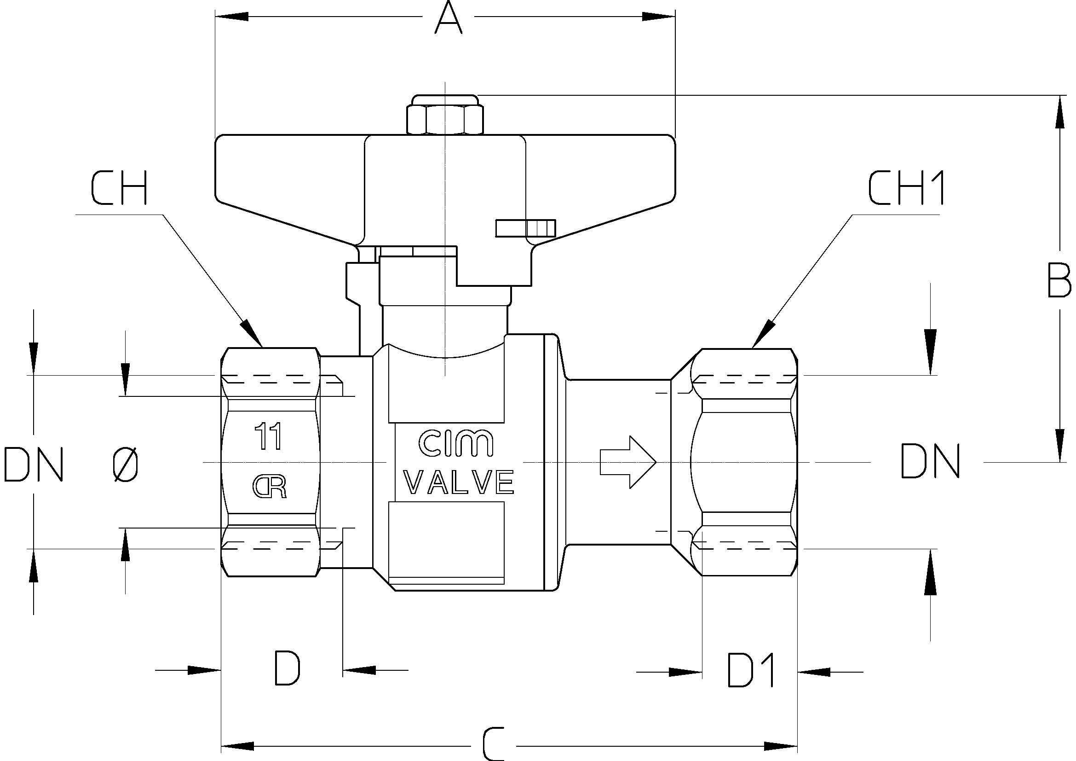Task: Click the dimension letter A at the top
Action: [448, 18]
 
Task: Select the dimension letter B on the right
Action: [1059, 280]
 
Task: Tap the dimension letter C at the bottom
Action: [493, 744]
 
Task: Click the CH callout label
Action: [119, 188]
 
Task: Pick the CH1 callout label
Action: [906, 188]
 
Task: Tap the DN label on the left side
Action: [33, 464]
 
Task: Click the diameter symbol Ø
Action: [126, 464]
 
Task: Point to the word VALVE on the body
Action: [459, 482]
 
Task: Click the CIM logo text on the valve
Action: [455, 443]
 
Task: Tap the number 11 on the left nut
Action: [268, 436]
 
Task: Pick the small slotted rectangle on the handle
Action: [525, 228]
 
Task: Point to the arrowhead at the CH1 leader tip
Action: [761, 335]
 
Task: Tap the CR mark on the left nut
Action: [270, 487]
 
